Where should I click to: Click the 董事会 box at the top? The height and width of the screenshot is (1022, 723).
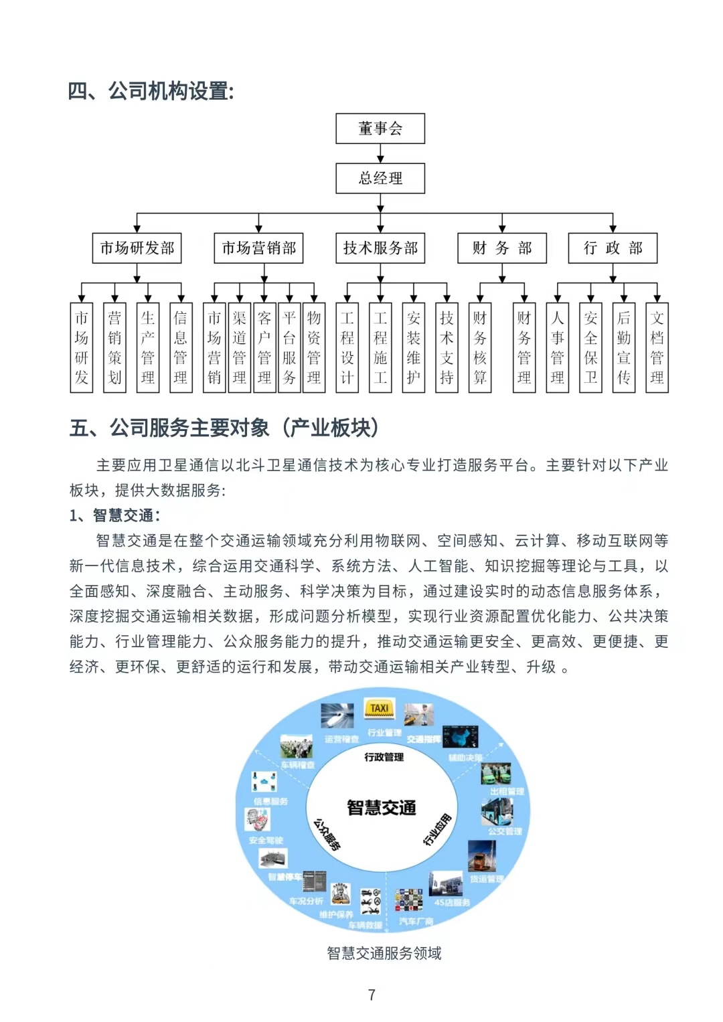(x=380, y=129)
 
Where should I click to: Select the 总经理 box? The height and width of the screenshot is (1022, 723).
(x=380, y=179)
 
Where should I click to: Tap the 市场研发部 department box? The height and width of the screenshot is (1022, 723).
(x=137, y=248)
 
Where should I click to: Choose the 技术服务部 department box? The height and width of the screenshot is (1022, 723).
(x=380, y=248)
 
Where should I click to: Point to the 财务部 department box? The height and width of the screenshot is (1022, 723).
(x=502, y=248)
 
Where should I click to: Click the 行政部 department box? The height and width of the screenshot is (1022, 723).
(x=613, y=248)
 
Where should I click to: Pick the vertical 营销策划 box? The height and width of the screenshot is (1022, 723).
(x=114, y=347)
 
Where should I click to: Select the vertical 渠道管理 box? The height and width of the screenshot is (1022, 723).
(x=239, y=347)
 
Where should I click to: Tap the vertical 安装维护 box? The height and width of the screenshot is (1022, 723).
(x=414, y=347)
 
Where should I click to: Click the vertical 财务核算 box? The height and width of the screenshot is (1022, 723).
(x=480, y=347)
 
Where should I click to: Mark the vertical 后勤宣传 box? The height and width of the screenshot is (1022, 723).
(x=624, y=347)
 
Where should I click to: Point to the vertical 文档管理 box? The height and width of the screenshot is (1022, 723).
(x=657, y=347)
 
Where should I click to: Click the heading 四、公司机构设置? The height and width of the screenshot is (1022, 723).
(x=151, y=91)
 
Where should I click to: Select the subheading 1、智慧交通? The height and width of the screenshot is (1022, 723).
(x=115, y=515)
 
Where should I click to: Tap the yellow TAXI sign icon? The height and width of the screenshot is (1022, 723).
(x=380, y=708)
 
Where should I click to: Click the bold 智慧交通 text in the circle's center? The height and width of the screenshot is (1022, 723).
(x=382, y=808)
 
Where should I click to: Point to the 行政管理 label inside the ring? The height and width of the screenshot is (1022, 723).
(x=384, y=757)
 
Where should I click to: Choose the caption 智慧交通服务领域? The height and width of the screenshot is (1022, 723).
(x=384, y=953)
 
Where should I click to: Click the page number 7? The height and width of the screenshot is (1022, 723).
(x=372, y=995)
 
